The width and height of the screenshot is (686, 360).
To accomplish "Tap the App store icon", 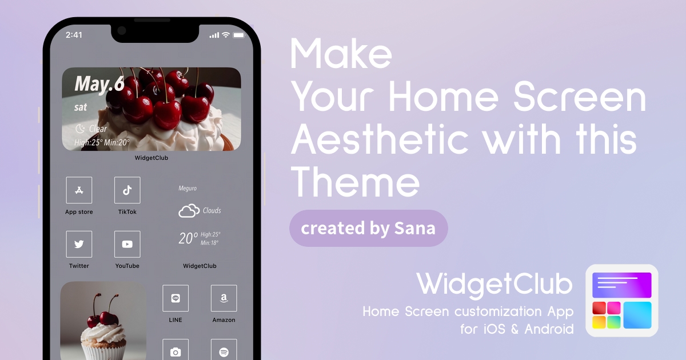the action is click(79, 190).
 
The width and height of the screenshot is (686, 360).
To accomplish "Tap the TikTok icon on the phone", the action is click(127, 190).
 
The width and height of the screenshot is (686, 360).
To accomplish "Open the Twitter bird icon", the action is click(79, 244).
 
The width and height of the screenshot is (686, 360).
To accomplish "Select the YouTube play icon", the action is click(127, 244).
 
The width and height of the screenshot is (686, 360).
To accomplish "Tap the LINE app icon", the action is click(176, 298).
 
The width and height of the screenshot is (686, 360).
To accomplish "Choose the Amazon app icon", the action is click(224, 298).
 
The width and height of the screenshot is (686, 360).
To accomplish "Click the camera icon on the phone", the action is click(176, 351).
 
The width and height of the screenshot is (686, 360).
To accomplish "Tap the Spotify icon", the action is click(224, 351).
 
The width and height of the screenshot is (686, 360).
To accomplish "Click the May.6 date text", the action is click(99, 84).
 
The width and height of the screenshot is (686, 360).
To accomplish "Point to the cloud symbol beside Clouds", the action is click(189, 211).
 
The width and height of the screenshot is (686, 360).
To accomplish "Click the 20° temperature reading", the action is click(188, 238).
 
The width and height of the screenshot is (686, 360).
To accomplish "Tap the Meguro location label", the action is click(188, 188).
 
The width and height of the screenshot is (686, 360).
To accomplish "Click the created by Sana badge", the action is click(368, 228).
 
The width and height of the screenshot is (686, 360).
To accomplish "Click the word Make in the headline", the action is click(341, 54).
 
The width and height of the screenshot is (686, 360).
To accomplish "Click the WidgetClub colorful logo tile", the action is click(622, 301).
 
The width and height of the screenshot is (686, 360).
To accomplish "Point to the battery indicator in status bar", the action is click(239, 35).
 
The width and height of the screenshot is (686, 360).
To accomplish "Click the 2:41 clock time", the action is click(74, 35).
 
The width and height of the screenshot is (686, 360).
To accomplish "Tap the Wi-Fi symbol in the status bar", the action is click(226, 35).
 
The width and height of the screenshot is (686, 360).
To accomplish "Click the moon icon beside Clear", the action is click(80, 129).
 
